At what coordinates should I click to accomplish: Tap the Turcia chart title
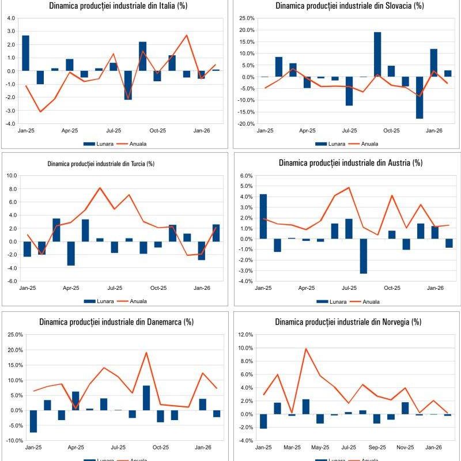coord(101,164)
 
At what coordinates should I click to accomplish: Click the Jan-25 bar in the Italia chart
coord(25,53)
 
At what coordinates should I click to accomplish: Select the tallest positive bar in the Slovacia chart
coord(377,54)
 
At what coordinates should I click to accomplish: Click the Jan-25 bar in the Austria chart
coord(263,216)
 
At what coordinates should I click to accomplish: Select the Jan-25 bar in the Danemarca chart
coord(33,421)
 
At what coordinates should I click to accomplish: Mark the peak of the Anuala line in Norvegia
coord(306,349)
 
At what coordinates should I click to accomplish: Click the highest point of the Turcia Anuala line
coord(100,188)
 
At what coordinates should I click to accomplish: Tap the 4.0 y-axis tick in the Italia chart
coord(11,18)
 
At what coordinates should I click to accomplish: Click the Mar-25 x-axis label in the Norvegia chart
coord(292,447)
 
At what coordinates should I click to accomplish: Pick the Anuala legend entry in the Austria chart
coord(369,301)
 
